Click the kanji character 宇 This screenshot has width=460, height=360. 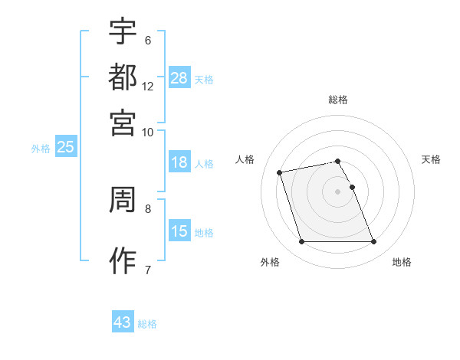point(123,31)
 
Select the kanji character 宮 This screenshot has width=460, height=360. point(123,122)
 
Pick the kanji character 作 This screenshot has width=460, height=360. point(123,261)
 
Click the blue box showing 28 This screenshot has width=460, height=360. point(179,78)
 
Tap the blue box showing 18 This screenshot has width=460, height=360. point(179,162)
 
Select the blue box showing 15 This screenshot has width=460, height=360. point(179,231)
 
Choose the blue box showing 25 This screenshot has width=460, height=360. point(66,147)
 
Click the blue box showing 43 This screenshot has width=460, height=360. point(123,322)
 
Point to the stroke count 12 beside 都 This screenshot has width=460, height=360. point(148,87)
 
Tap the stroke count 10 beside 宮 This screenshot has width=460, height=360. point(148,132)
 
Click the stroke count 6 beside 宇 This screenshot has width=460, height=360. point(148,41)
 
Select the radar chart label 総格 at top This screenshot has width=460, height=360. point(337,100)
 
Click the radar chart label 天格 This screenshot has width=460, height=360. point(432,159)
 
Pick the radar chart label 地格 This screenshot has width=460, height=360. point(402,263)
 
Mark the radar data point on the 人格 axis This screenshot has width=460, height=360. point(280,172)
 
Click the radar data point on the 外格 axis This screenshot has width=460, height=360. point(301,242)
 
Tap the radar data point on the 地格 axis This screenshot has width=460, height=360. point(373,242)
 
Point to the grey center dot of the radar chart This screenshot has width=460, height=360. point(337,191)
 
